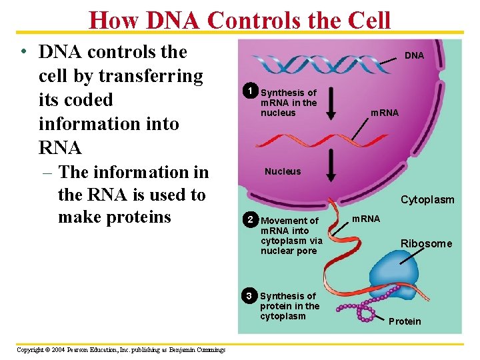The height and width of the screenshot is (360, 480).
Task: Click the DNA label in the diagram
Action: (x=414, y=55)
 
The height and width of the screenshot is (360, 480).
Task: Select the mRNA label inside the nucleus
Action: (x=385, y=113)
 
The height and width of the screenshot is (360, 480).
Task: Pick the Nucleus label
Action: (x=283, y=171)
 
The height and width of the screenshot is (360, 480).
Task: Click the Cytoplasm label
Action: (x=427, y=199)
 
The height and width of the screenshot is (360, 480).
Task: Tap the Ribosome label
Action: (x=426, y=244)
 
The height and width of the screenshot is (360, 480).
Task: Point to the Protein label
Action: (x=405, y=321)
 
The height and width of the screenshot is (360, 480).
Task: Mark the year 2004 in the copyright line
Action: (x=52, y=350)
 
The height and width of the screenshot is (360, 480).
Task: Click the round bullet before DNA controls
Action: (x=23, y=53)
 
